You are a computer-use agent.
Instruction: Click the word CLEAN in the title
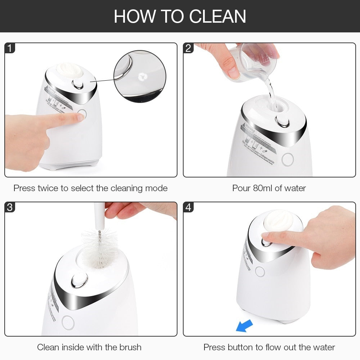pyautogui.click(x=217, y=16)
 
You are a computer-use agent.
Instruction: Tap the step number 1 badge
pyautogui.click(x=10, y=48)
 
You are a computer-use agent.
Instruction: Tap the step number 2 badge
pyautogui.click(x=188, y=48)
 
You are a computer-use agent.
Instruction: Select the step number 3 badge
pyautogui.click(x=10, y=207)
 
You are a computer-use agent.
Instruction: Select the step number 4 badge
pyautogui.click(x=188, y=207)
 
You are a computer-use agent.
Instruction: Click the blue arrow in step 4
pyautogui.click(x=244, y=326)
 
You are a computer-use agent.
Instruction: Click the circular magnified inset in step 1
pyautogui.click(x=140, y=76)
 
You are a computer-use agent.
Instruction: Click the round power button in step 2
pyautogui.click(x=288, y=159)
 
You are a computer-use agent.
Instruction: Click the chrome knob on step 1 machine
pyautogui.click(x=78, y=84)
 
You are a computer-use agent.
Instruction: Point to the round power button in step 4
pyautogui.click(x=260, y=271)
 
